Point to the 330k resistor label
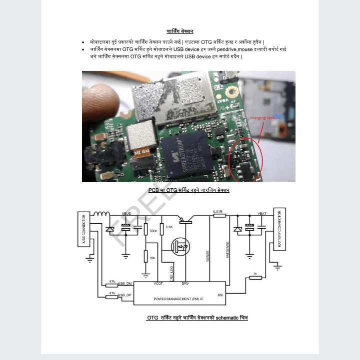[153, 231]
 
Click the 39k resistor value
[152, 258]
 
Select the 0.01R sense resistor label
[217, 212]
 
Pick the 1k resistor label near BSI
[255, 274]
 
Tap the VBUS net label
[126, 214]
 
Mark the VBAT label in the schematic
[262, 214]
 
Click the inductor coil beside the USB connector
[102, 215]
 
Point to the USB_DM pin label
[124, 283]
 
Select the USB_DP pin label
[124, 295]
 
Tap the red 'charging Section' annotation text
[265, 118]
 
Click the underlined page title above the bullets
[179, 32]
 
